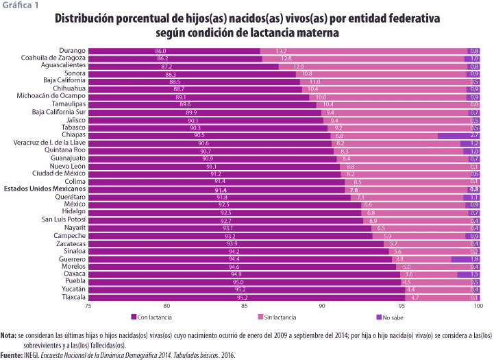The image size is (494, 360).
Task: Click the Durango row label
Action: coord(72,51)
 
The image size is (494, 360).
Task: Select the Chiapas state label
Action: coord(73,136)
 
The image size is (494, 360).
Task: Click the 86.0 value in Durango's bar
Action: coord(161,51)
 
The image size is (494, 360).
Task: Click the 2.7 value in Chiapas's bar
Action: coord(474,136)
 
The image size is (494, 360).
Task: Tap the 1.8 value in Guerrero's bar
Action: coord(474,259)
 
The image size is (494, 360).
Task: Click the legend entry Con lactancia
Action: coord(155,317)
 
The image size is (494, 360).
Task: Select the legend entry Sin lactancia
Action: coord(279,317)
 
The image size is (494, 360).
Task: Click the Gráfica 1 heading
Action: coord(20,5)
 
